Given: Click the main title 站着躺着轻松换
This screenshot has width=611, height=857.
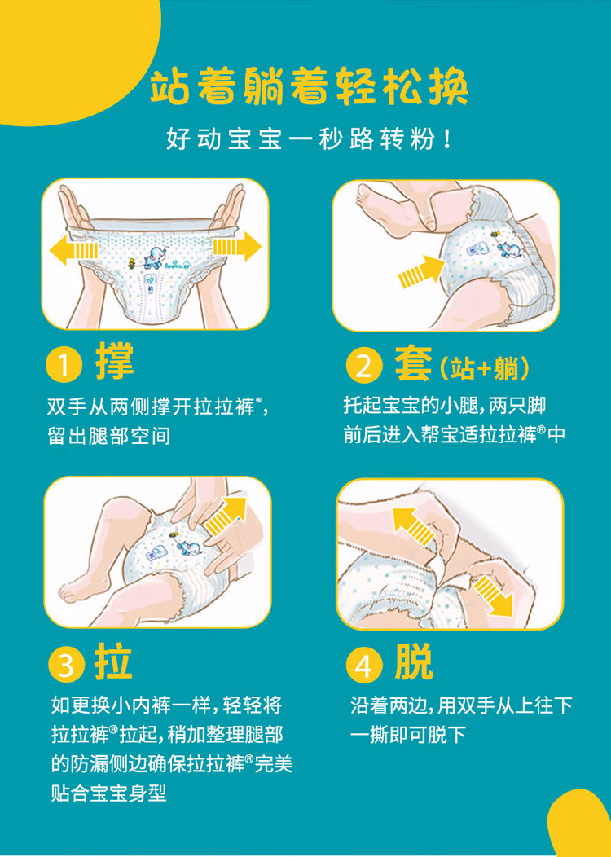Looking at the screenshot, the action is [x=309, y=87].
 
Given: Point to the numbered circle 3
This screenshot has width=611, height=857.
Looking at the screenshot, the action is [x=66, y=666].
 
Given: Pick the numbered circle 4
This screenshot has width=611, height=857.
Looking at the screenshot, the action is [x=364, y=666].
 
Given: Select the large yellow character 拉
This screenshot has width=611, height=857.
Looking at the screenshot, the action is [x=114, y=661].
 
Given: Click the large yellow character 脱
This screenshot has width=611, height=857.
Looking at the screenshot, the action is [x=414, y=661].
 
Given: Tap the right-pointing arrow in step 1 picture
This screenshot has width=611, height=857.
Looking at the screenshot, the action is [x=236, y=247].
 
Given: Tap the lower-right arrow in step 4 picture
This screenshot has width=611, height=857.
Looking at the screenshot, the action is [x=494, y=596].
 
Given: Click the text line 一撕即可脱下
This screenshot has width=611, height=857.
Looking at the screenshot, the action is [x=407, y=734].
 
